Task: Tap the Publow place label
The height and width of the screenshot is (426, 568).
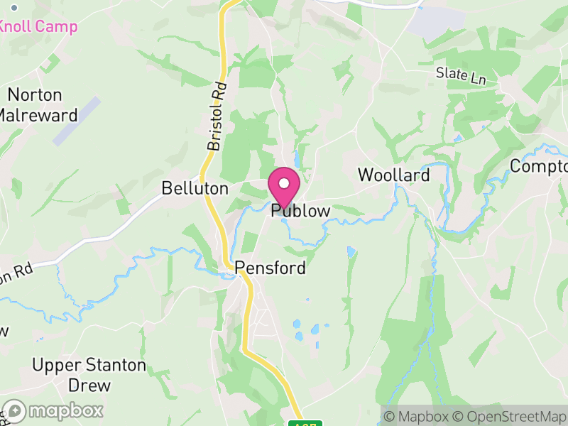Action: click(300, 211)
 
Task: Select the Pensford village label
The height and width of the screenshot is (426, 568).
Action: click(271, 268)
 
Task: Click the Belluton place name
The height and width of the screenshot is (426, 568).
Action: click(195, 189)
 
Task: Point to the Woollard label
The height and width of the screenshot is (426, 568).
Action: click(393, 175)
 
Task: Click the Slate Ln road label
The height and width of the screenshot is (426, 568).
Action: click(461, 75)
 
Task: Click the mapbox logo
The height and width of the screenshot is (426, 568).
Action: click(53, 411)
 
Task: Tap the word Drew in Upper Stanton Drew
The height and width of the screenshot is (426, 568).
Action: click(89, 386)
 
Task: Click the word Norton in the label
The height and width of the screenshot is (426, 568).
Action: click(35, 95)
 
